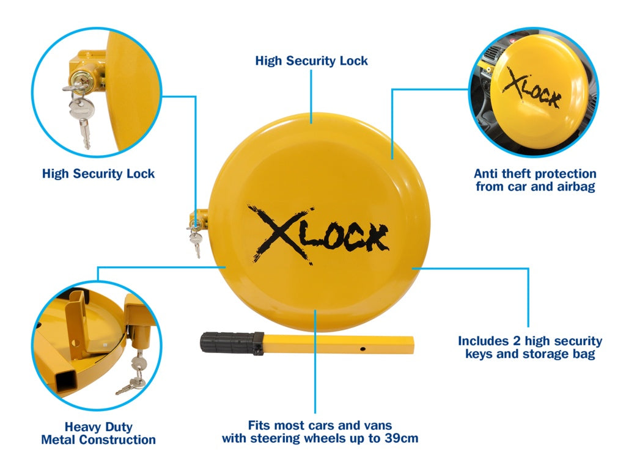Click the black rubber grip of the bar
232,343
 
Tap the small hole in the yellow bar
363,349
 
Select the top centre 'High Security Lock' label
311,60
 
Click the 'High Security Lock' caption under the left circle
98,173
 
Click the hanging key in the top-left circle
83,120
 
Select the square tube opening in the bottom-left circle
66,380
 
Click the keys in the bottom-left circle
134,373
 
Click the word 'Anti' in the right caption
485,173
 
